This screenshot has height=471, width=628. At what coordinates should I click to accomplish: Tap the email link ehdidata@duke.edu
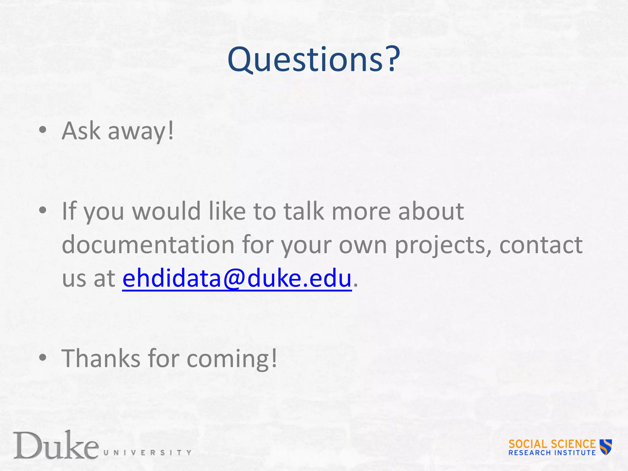(x=237, y=278)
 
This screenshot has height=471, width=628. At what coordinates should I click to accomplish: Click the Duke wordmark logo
(x=56, y=446)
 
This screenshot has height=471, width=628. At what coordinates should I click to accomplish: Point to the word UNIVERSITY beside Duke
(x=147, y=453)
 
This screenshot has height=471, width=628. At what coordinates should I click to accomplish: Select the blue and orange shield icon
(x=606, y=446)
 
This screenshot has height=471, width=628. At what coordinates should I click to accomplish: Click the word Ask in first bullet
(x=81, y=131)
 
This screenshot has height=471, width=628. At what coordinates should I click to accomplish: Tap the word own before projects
(x=363, y=245)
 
